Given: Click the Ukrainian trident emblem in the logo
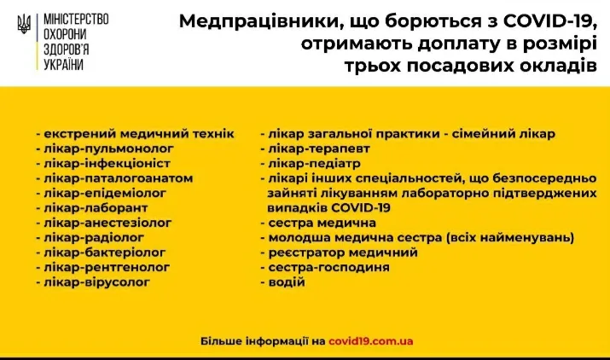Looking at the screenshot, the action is pos(24,24).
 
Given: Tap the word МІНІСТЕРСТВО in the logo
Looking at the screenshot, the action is pos(76,20).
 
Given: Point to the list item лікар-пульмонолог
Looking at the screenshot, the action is pos(108,149).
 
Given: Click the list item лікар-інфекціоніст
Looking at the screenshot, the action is pos(107,164).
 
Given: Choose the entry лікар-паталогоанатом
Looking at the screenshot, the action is pos(119,178).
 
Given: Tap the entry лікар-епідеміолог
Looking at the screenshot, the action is pos(105,193).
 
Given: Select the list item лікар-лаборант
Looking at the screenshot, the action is pos(96,208).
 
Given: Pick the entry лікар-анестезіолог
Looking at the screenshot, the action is pos(107,223).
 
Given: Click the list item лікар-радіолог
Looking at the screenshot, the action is pos(94,237).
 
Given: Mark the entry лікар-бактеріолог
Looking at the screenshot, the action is pos(105,253).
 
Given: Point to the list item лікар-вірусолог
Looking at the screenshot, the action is pos(96,282).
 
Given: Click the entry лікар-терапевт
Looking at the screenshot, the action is pos(319,148).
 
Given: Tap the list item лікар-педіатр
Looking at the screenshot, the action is pos(314,164).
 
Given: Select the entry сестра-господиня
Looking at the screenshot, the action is pos(328,267).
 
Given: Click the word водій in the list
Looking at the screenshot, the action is pos(287,282).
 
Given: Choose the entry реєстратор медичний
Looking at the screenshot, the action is pos(343,253).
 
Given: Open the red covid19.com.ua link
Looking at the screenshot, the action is pos(371,341).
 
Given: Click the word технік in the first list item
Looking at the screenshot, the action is pos(213,133).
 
